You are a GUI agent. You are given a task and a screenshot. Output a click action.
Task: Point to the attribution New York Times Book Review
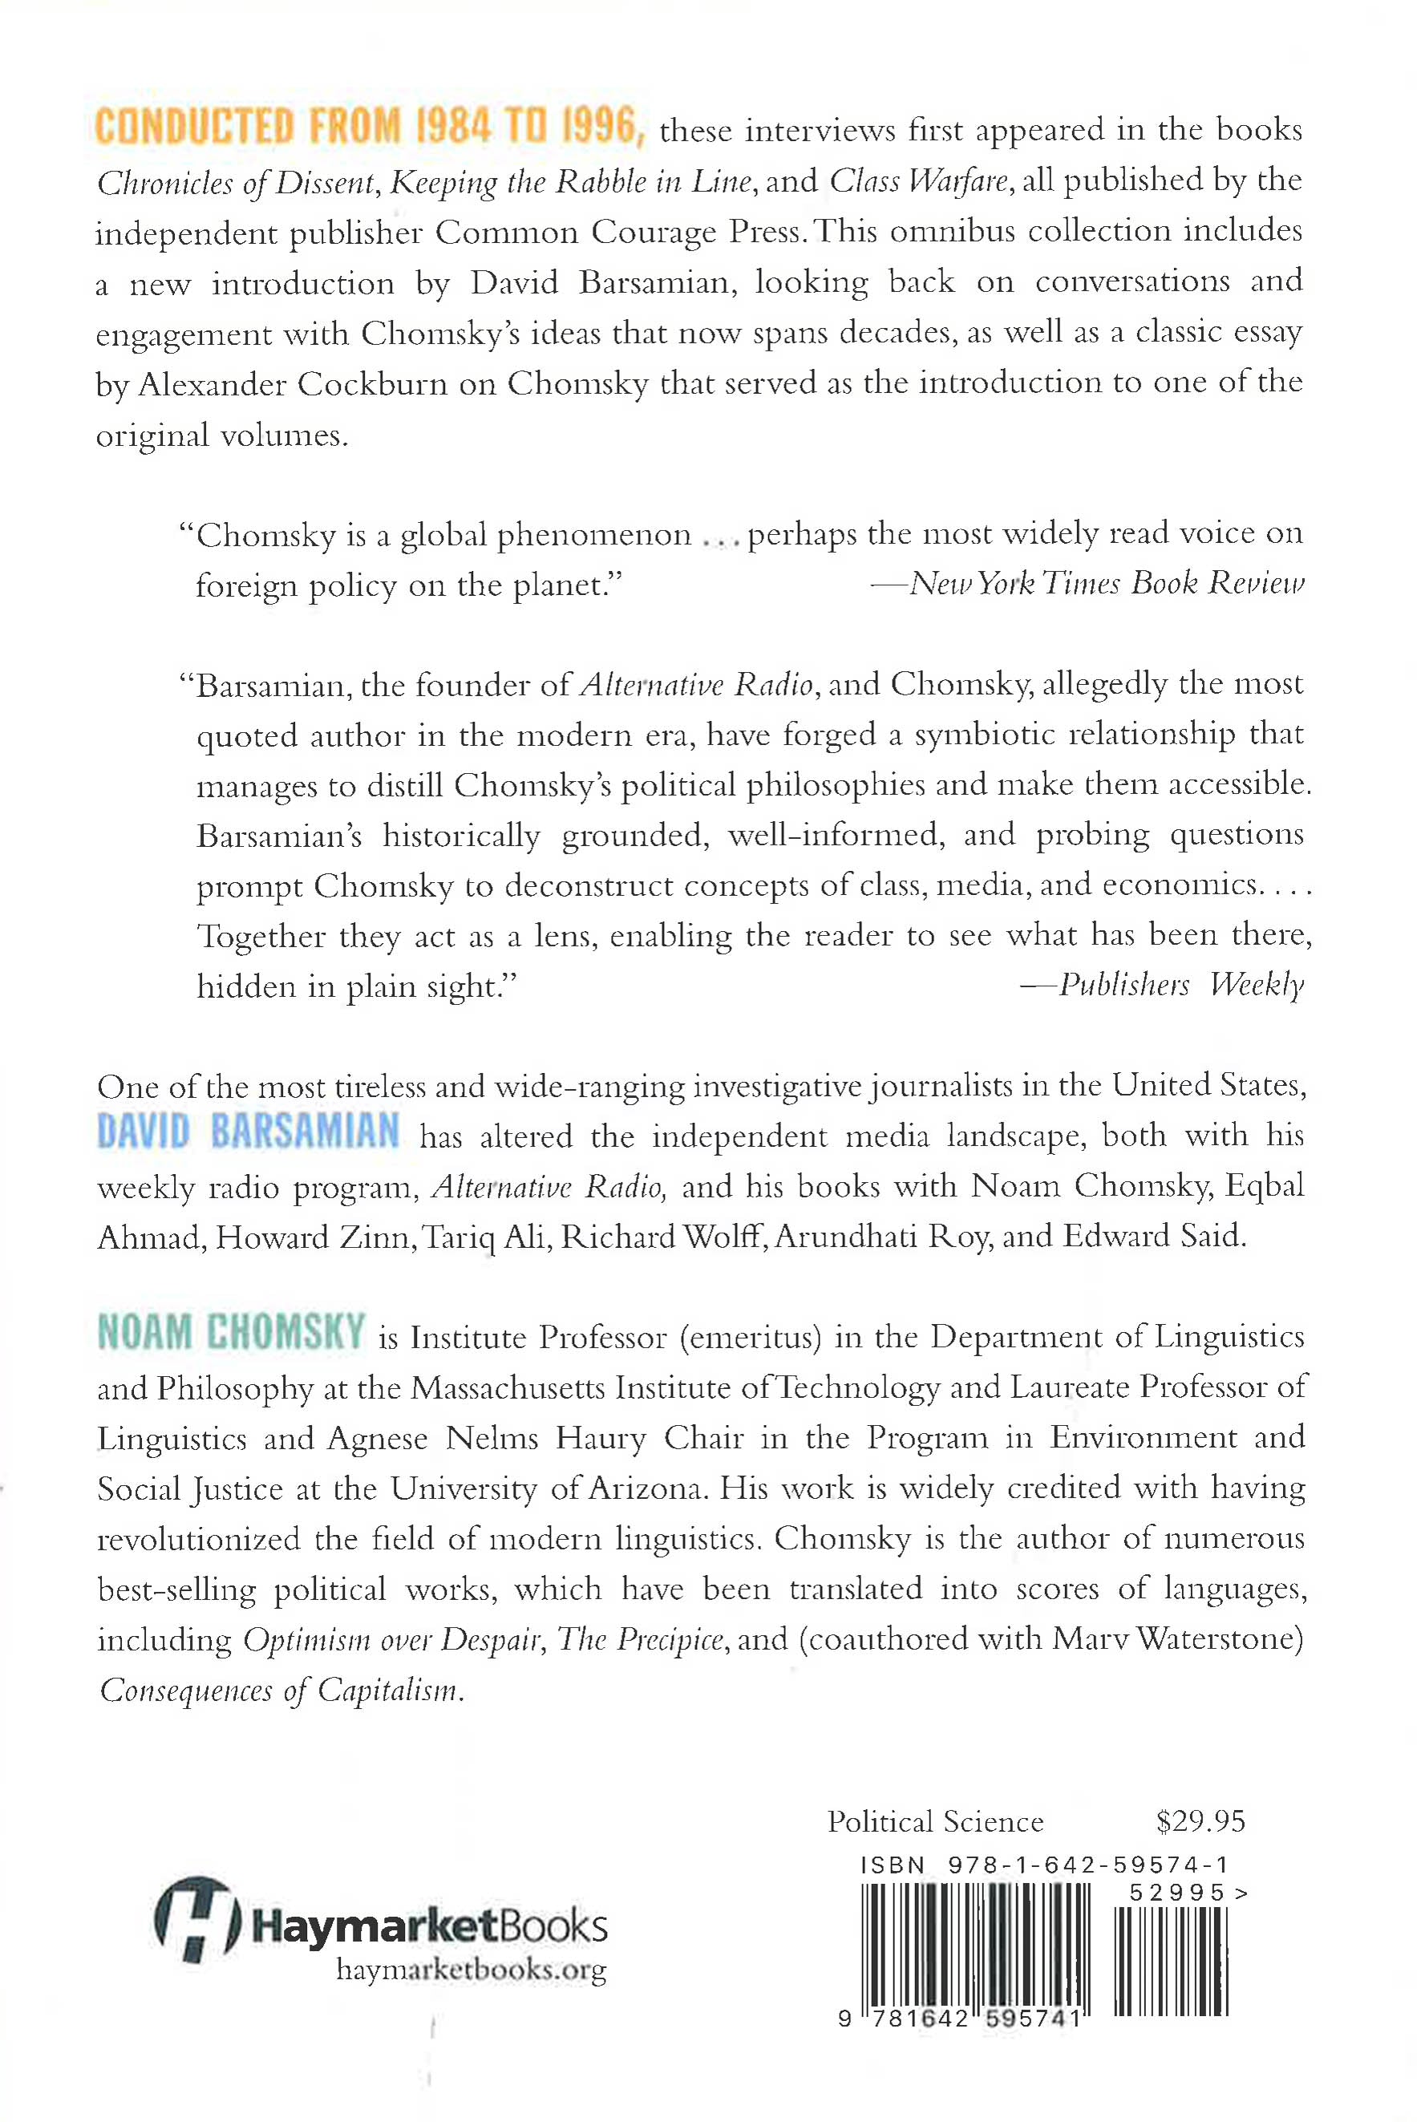pyautogui.click(x=1106, y=584)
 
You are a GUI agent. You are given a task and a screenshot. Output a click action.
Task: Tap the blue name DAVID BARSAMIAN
pyautogui.click(x=248, y=1133)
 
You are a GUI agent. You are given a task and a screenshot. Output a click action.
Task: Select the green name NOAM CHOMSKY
pyautogui.click(x=230, y=1334)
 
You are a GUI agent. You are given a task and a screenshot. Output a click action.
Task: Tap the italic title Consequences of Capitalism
pyautogui.click(x=281, y=1690)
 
